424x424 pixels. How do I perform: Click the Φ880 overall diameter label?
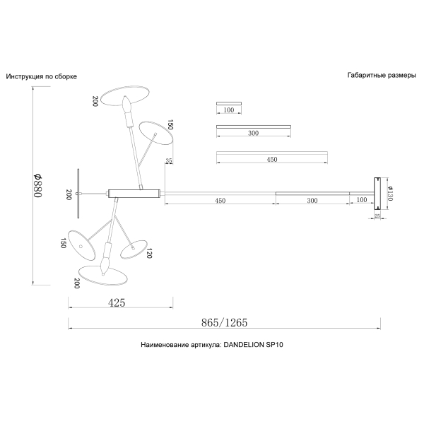point(38,185)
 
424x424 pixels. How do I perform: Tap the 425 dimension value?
point(117,302)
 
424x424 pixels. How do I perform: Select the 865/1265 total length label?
point(224,322)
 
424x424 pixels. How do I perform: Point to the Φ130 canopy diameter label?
point(390,194)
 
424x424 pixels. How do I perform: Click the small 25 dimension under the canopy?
point(377,216)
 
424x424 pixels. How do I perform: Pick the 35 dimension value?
point(168,160)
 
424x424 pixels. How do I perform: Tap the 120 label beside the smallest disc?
point(149,254)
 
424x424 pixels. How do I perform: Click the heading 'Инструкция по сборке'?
point(42,76)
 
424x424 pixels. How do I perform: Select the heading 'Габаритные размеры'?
point(382,76)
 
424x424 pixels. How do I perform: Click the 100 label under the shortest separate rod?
point(229,110)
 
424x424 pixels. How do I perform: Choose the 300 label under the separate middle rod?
point(253,133)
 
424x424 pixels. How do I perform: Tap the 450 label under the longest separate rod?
point(272,160)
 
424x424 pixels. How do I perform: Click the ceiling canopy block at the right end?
point(377,194)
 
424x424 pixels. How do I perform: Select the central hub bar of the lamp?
point(134,194)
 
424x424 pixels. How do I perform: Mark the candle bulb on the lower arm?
point(105,264)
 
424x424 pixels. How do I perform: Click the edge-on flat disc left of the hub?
point(78,194)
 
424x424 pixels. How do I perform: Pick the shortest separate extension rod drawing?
point(229,103)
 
